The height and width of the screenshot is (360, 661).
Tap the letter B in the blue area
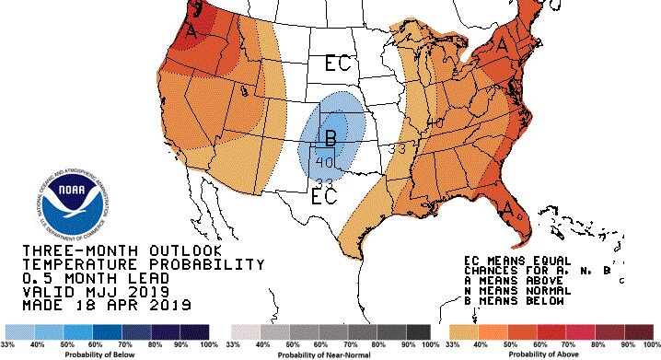coord(330,139)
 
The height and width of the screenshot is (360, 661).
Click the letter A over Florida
coord(507,210)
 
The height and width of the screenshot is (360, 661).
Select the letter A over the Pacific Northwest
coord(191,31)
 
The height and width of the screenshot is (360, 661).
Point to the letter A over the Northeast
coord(503,43)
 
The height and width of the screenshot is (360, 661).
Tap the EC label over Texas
coord(323,196)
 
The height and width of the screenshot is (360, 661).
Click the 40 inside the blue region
coord(323,162)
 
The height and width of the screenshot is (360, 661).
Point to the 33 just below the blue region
coord(323,181)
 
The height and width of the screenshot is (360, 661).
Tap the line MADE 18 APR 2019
coord(105,305)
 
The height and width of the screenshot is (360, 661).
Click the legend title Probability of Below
coord(109,353)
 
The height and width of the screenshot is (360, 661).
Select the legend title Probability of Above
coord(550,353)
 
